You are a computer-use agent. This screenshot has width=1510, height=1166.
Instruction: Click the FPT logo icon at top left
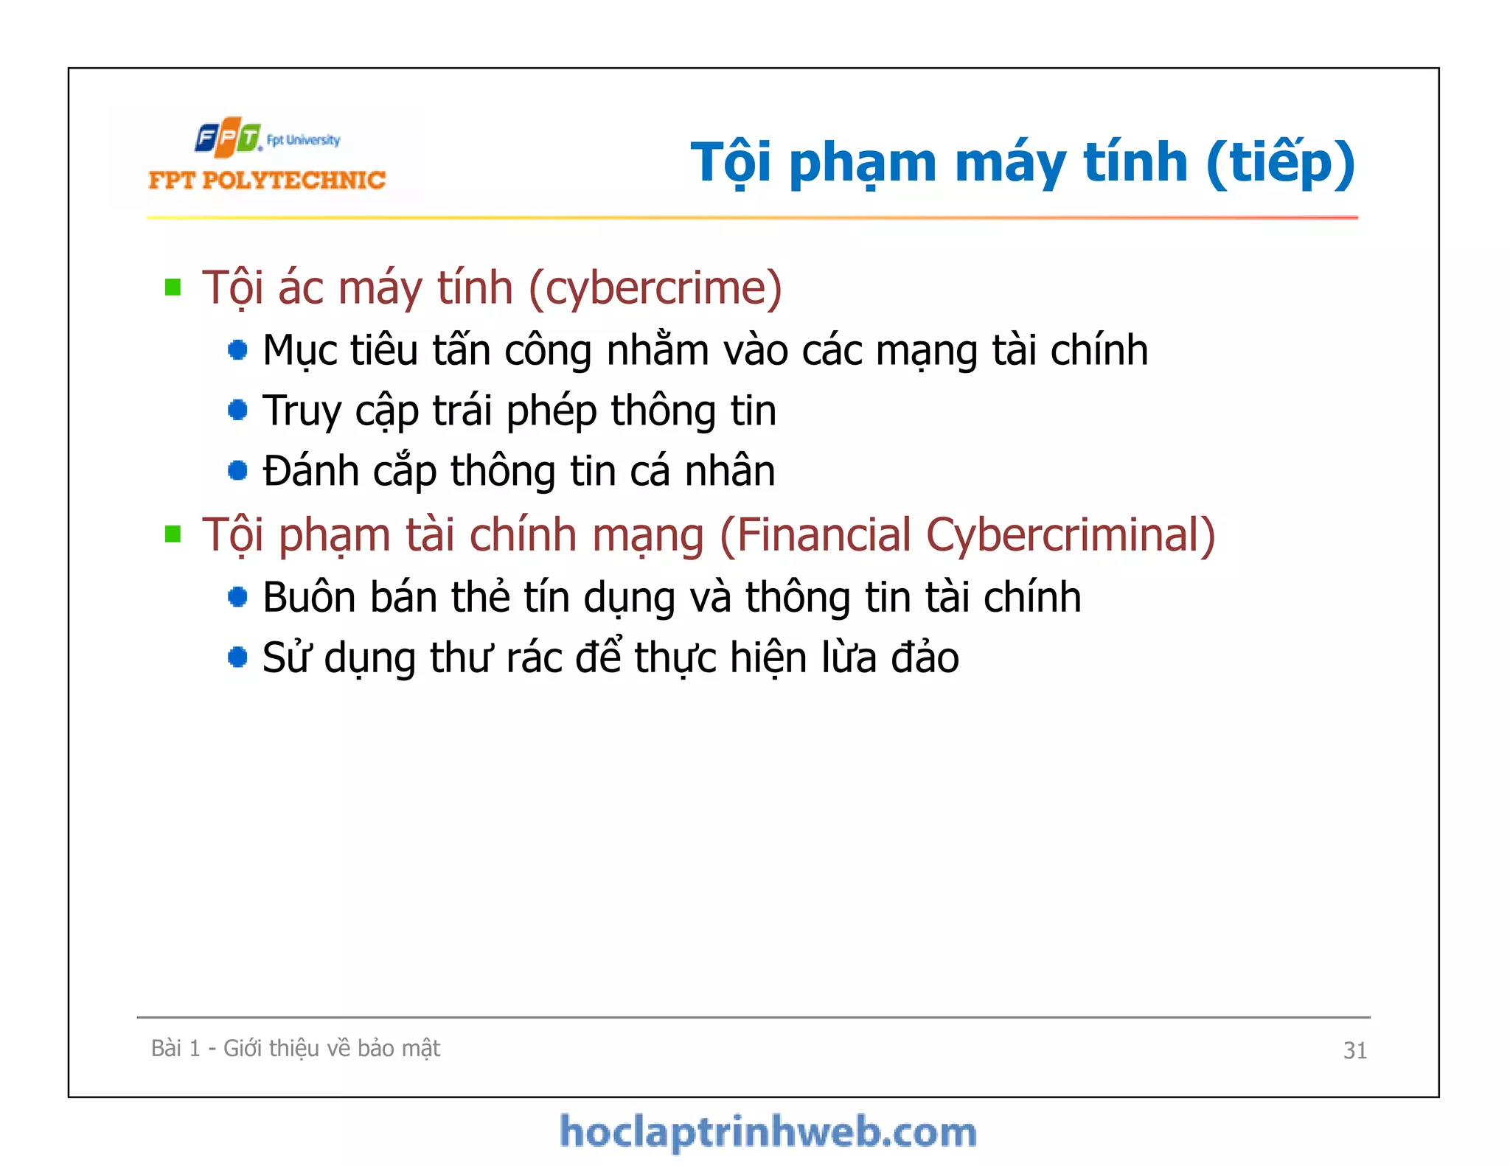[x=228, y=137]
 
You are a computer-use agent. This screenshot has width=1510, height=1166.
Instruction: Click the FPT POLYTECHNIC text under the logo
[x=267, y=180]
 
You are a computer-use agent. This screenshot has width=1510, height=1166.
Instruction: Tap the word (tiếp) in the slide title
[x=1281, y=162]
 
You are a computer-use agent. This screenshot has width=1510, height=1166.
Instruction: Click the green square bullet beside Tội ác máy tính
[x=173, y=287]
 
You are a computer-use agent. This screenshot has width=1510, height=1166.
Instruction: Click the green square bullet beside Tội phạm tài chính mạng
[x=173, y=534]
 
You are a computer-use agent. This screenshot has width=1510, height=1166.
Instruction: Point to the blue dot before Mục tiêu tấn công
[x=237, y=349]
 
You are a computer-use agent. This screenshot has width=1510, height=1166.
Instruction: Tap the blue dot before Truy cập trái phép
[x=237, y=410]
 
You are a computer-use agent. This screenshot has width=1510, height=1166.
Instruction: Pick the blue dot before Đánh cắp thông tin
[x=237, y=470]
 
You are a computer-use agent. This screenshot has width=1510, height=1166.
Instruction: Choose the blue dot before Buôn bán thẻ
[x=237, y=596]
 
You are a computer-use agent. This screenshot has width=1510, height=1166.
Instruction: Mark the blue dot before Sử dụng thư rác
[x=237, y=657]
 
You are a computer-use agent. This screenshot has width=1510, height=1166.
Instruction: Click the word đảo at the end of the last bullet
[x=925, y=657]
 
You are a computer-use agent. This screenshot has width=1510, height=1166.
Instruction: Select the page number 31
[x=1354, y=1050]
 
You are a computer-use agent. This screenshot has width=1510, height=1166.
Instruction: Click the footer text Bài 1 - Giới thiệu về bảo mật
[x=295, y=1048]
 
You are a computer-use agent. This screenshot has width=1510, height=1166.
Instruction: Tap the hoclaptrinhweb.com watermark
[x=768, y=1132]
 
